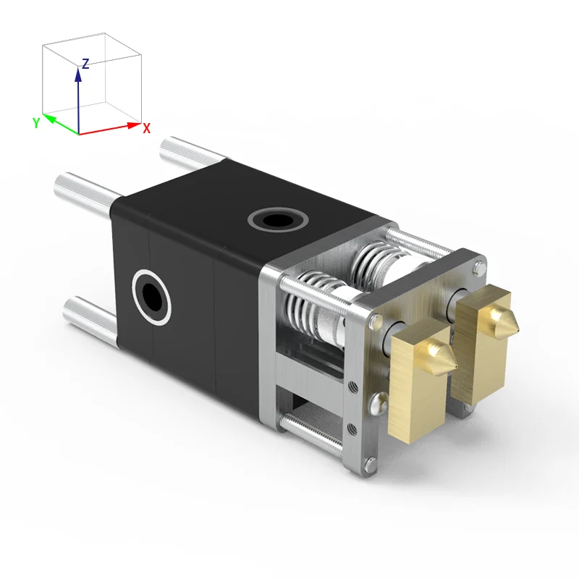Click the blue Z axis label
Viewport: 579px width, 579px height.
(x=85, y=64)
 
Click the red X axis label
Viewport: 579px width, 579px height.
(x=147, y=129)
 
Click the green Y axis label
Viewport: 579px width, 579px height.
(x=35, y=123)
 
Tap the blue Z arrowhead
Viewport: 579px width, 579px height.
(x=78, y=74)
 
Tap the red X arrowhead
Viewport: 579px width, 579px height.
(x=134, y=124)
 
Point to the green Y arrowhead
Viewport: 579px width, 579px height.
(x=49, y=119)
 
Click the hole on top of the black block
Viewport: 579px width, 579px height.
(x=278, y=220)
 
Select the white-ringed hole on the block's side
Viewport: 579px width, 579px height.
(x=151, y=297)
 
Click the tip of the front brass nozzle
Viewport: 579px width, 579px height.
(x=457, y=366)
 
